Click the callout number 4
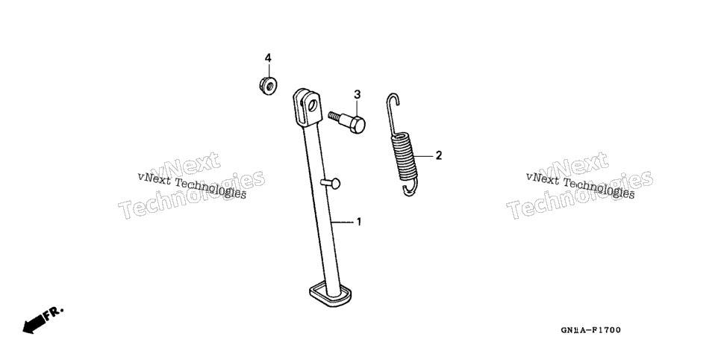pos(268,58)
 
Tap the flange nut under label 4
pos(268,86)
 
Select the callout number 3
pos(358,94)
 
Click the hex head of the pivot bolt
pos(357,124)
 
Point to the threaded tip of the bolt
pos(333,115)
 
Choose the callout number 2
pos(439,155)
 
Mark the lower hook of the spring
pos(410,189)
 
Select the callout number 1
pos(359,222)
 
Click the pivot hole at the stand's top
pos(313,105)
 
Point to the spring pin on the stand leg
pos(331,183)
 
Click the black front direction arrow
pos(34,323)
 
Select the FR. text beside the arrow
pos(54,313)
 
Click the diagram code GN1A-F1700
pos(590,330)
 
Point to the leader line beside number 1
pos(343,223)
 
